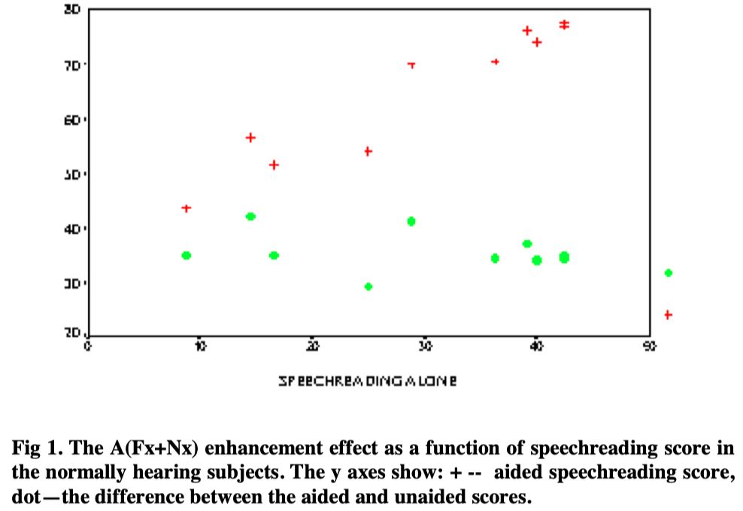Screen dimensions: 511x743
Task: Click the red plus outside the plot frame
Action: pyautogui.click(x=668, y=314)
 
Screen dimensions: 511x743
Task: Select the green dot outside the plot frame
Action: pyautogui.click(x=668, y=273)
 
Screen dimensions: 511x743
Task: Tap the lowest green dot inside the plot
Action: pyautogui.click(x=368, y=286)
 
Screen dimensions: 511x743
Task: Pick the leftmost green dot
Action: pyautogui.click(x=187, y=255)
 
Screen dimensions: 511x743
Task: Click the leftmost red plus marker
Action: pyautogui.click(x=187, y=208)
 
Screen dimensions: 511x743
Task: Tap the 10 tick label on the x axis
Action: pyautogui.click(x=199, y=346)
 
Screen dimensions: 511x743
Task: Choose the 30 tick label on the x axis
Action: pyautogui.click(x=424, y=346)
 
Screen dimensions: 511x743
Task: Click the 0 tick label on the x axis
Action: pyautogui.click(x=88, y=346)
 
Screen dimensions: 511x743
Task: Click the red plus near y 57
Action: pyautogui.click(x=250, y=138)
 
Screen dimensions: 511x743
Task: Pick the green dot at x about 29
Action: pyautogui.click(x=411, y=221)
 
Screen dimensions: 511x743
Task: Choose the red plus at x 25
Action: pyautogui.click(x=368, y=151)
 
